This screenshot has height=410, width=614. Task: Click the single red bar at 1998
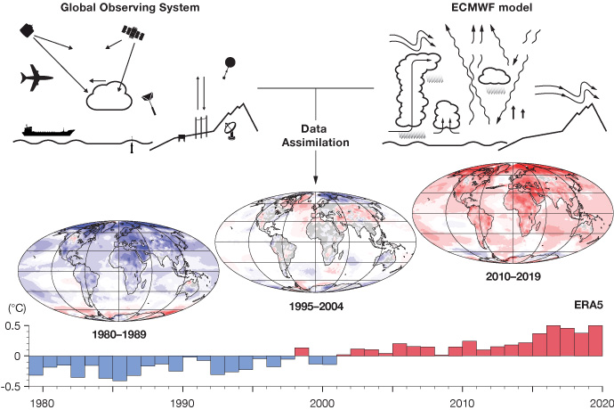pos(301,351)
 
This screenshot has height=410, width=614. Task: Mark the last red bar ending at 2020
pos(596,340)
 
